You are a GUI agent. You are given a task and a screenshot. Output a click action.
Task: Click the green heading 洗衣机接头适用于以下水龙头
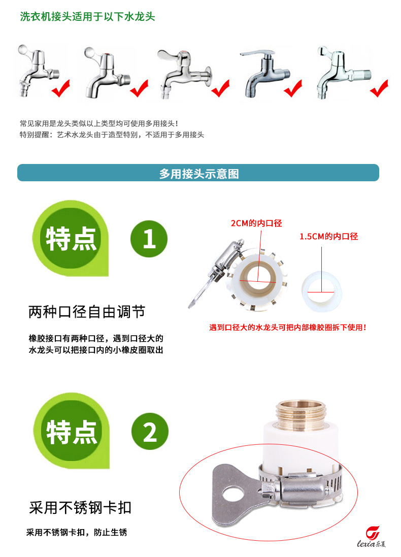pyautogui.click(x=87, y=17)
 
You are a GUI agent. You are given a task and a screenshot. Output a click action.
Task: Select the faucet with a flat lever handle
pyautogui.click(x=264, y=73)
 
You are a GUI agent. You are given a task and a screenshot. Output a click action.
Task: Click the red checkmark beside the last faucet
pyautogui.click(x=379, y=88)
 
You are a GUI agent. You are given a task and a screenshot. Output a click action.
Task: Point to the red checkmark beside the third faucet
pyautogui.click(x=221, y=88)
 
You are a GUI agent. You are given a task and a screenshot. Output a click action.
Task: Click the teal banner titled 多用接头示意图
pyautogui.click(x=198, y=173)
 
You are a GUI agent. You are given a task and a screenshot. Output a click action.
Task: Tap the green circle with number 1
pyautogui.click(x=149, y=239)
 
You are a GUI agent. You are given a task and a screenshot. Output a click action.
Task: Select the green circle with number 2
pyautogui.click(x=150, y=431)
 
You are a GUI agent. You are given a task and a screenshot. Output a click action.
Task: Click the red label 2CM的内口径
pyautogui.click(x=256, y=223)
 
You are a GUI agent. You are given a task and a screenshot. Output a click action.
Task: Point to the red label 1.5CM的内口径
pyautogui.click(x=329, y=236)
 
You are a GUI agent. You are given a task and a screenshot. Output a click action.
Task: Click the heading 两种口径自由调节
pyautogui.click(x=87, y=312)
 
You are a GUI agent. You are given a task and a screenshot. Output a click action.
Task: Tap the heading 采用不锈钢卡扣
pyautogui.click(x=80, y=508)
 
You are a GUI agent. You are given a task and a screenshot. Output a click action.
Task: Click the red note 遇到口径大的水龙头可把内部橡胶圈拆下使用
pyautogui.click(x=288, y=327)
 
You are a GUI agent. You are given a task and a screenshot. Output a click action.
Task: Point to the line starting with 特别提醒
pyautogui.click(x=112, y=135)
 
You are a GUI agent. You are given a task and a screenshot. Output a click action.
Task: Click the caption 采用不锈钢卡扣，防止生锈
pyautogui.click(x=77, y=532)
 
